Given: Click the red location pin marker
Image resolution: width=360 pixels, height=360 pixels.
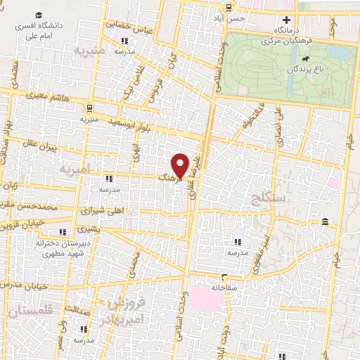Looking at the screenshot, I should [x=181, y=166].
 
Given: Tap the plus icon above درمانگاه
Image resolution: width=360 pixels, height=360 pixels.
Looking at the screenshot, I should [x=285, y=20].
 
